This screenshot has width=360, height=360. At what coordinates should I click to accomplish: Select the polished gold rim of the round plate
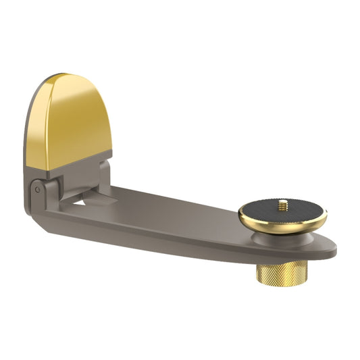(x=282, y=226)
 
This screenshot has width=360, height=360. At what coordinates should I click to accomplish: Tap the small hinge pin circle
(x=38, y=189)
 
